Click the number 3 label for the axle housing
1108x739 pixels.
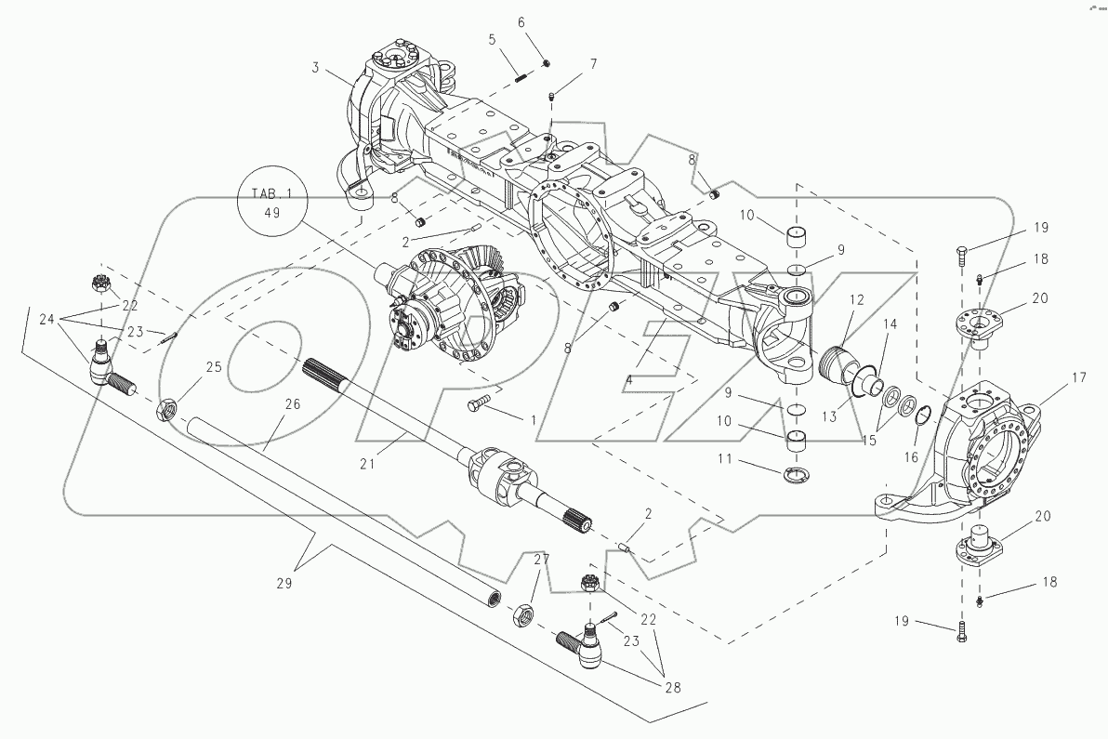coord(315,69)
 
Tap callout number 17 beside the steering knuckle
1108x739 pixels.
coord(1052,377)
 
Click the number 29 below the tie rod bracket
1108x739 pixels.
coord(284,583)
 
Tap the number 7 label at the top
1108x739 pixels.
coord(592,64)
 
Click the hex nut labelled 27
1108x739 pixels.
coord(524,614)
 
